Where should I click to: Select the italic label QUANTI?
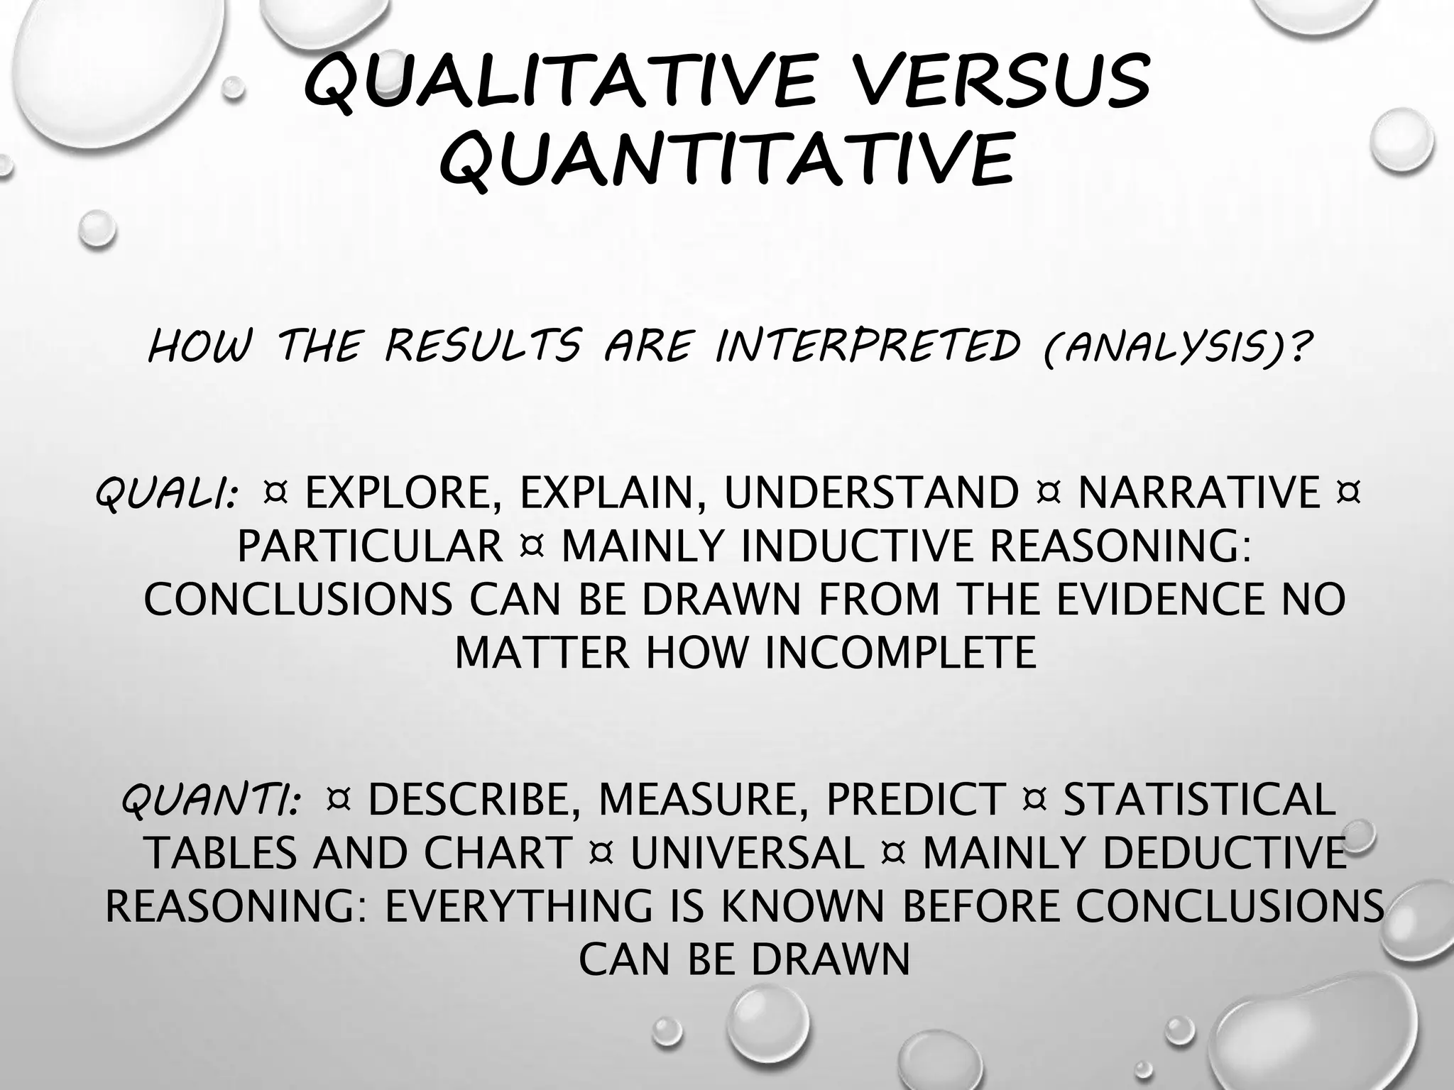coord(210,800)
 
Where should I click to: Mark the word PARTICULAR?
coord(369,546)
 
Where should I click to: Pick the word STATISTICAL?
coord(1200,800)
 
